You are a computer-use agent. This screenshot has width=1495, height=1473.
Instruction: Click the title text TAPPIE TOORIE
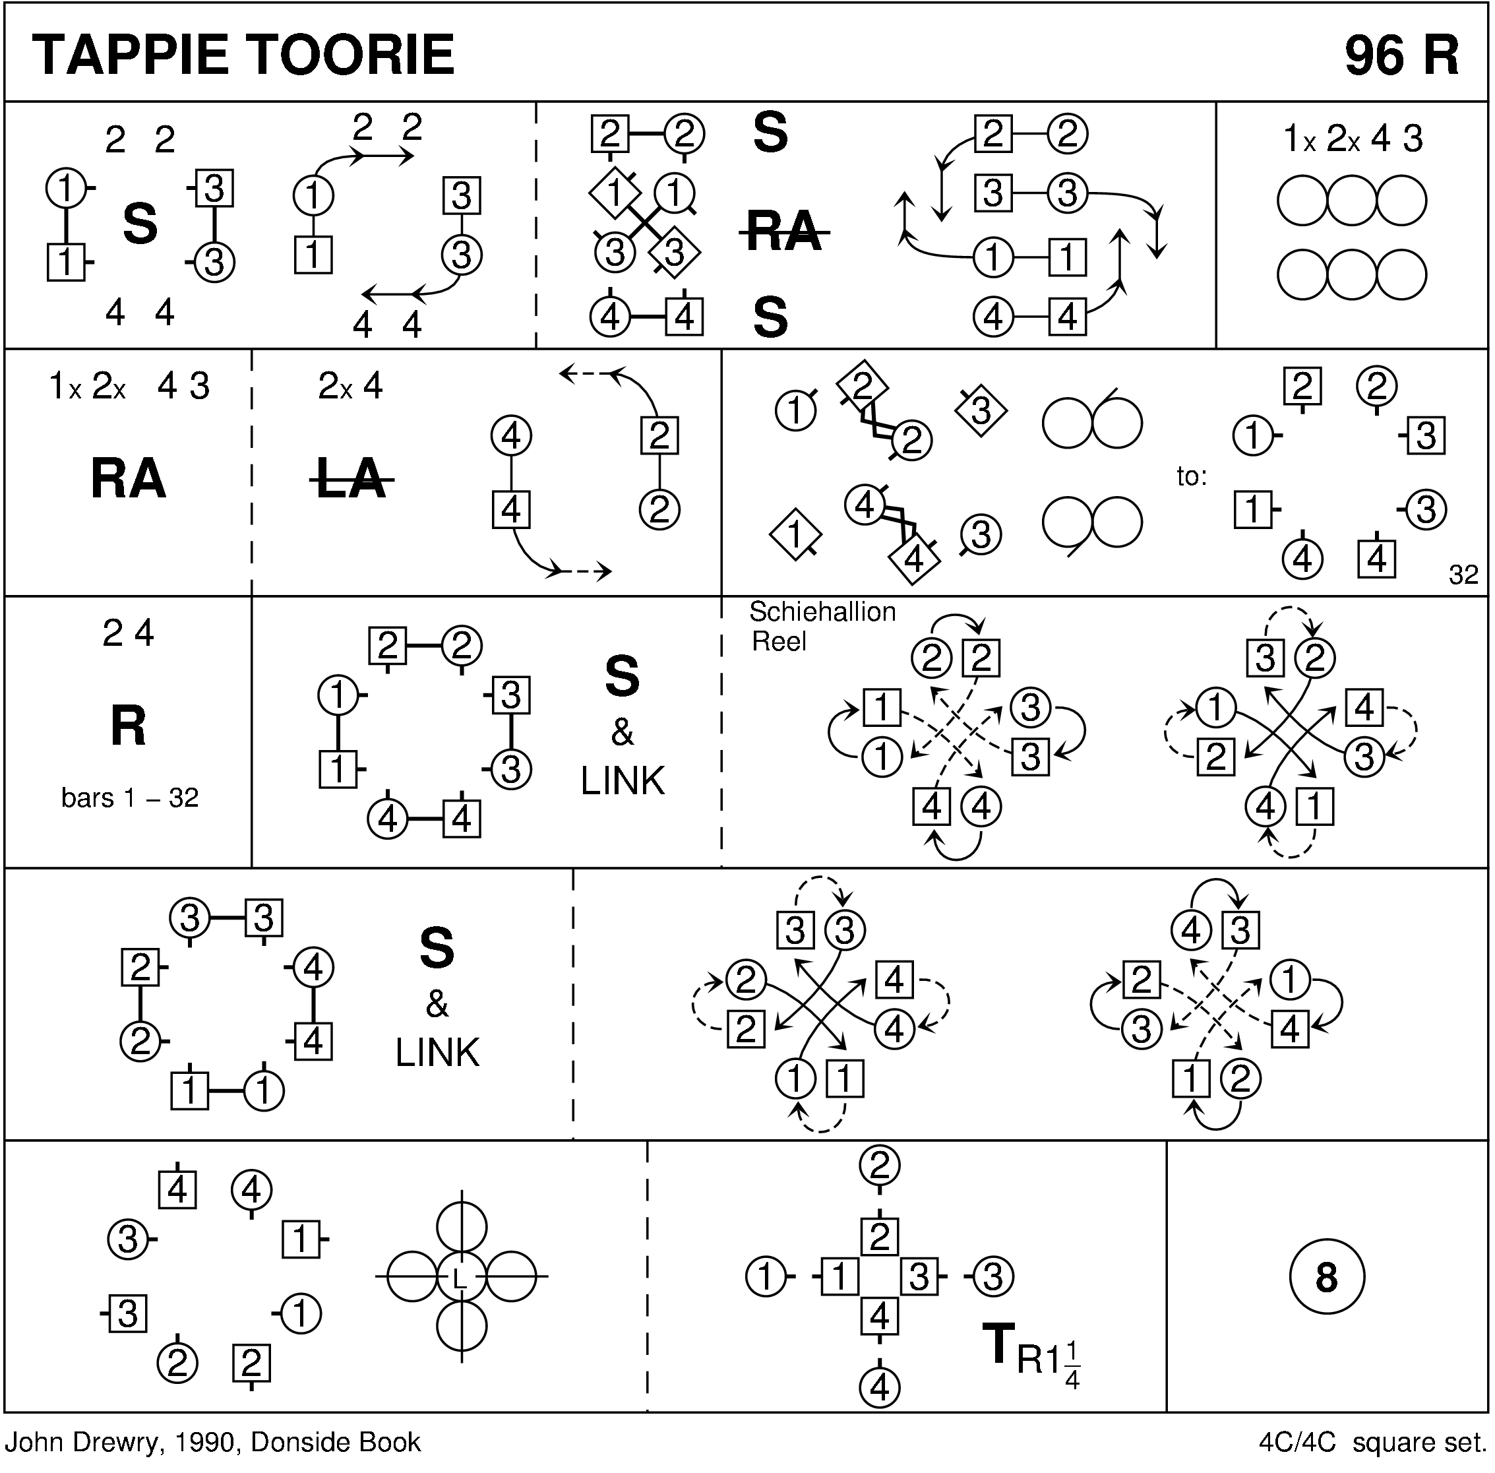pos(243,55)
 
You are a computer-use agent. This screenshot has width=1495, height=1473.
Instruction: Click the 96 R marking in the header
pos(1401,55)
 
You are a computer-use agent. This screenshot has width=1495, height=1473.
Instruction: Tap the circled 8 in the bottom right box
pos(1326,1277)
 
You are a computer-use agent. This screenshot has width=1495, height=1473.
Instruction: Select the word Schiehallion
pos(822,613)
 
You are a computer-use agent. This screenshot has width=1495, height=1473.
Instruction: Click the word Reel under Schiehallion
pos(779,642)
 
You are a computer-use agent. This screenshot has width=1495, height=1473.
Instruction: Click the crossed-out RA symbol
pos(783,230)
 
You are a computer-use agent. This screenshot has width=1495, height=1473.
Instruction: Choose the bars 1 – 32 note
pos(130,798)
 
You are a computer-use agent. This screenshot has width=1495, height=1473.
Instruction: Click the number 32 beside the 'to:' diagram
pos(1463,575)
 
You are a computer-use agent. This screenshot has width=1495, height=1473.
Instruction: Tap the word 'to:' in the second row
pos(1192,476)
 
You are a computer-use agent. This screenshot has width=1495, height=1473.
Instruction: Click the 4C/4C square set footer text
pos(1373,1443)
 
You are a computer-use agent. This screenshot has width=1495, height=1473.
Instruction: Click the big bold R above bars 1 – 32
pos(129,726)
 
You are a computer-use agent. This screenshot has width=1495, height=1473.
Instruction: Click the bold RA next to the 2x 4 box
pos(129,479)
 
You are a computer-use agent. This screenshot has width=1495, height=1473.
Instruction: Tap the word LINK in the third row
pos(623,782)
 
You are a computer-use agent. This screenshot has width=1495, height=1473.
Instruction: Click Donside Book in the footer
pos(336,1443)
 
